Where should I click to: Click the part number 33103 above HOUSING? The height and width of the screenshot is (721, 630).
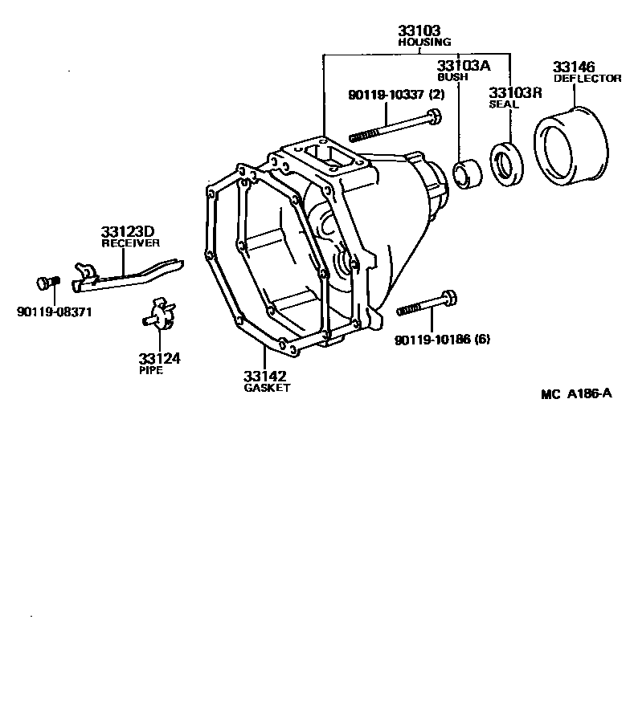419,31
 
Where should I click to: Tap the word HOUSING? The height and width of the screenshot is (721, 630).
424,42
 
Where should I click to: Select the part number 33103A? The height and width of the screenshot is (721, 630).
464,66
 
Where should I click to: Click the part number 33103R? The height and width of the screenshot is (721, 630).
516,92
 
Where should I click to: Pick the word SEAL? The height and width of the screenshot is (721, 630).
504,104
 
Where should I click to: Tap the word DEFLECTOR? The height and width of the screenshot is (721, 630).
587,79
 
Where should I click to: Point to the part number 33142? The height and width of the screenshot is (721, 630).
265,376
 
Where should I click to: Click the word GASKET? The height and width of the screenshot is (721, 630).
267,388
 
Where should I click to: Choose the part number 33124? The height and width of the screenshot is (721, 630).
158,358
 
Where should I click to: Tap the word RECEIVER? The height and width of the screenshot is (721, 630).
130,242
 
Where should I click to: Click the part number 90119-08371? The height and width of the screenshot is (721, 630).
54,311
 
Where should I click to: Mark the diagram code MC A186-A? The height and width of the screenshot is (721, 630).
576,393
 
